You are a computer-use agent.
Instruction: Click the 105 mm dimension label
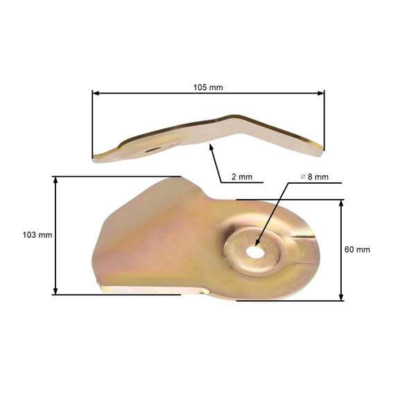(208, 87)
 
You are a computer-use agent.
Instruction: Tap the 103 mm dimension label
(37, 235)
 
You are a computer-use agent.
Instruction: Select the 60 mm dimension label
(357, 250)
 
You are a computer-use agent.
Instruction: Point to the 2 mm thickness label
(242, 177)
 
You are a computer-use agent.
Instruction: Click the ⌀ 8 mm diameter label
(315, 177)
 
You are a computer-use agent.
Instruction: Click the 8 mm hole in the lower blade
(255, 252)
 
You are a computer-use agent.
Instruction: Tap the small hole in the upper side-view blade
(153, 150)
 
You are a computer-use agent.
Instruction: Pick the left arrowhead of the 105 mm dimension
(96, 94)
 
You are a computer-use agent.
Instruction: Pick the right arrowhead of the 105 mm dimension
(321, 93)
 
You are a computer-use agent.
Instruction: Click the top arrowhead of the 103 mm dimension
(55, 180)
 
